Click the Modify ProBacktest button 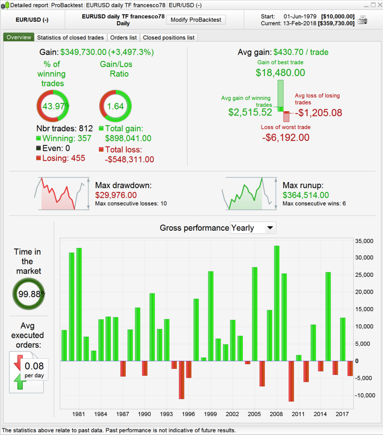tap(196, 20)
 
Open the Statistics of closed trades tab tap(70, 37)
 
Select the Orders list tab tap(124, 37)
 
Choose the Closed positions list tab tap(169, 37)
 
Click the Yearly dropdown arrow tap(270, 227)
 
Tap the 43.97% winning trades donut tap(53, 106)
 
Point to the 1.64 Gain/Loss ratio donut tap(115, 106)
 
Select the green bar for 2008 tap(277, 303)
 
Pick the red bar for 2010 tap(291, 381)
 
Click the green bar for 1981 tap(79, 304)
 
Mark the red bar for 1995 tap(181, 380)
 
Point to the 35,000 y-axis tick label tap(364, 241)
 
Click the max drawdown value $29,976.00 tap(116, 195)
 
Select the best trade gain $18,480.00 tap(280, 73)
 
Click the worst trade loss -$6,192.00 tap(286, 138)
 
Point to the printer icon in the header tap(362, 20)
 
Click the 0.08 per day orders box tap(34, 369)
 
